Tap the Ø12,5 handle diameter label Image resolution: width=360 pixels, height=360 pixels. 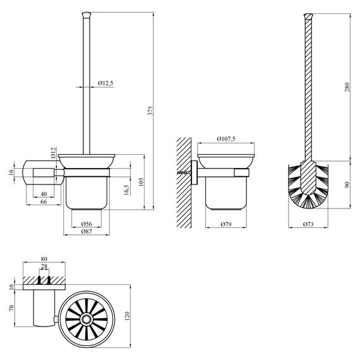[106, 83]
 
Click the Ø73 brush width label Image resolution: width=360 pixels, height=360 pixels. [309, 225]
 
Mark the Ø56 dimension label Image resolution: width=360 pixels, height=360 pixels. [88, 224]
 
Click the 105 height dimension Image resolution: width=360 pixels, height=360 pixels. [143, 183]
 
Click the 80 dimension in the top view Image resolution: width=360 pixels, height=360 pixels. [44, 258]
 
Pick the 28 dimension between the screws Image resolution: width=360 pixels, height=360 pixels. [43, 268]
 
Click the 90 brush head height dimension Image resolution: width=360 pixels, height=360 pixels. [347, 184]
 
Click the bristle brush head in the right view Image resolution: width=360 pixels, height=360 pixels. [309, 184]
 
